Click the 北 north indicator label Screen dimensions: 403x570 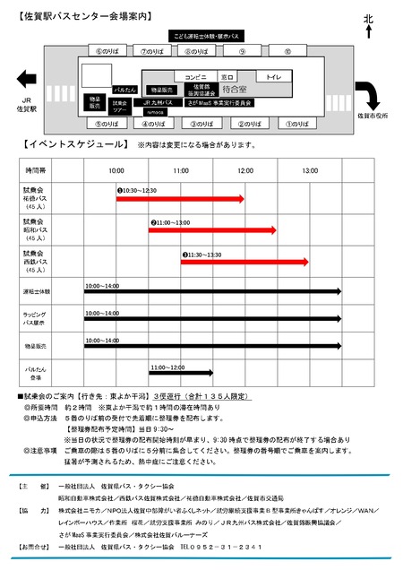(x=367, y=19)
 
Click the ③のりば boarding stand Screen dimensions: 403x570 (x=203, y=123)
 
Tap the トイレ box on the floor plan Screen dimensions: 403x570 (x=272, y=78)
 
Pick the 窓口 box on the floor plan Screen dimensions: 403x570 (x=227, y=77)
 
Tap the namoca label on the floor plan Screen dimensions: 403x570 (x=155, y=112)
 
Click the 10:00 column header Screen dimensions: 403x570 (x=116, y=170)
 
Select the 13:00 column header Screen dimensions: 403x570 (x=309, y=170)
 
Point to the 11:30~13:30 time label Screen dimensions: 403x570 (x=201, y=255)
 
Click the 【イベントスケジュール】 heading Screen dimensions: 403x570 (x=67, y=144)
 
